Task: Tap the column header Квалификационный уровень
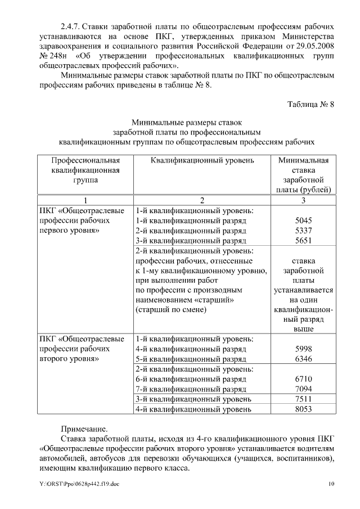[202, 160]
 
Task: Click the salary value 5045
[303, 221]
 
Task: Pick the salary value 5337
[303, 231]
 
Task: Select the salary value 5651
[303, 241]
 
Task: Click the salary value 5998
[303, 349]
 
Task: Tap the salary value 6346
[303, 359]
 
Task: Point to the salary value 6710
[303, 379]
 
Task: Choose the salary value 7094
[303, 389]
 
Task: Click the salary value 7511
[303, 399]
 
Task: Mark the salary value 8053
[303, 409]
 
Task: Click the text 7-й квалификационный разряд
[191, 389]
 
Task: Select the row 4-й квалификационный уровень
[193, 409]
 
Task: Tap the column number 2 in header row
[202, 200]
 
